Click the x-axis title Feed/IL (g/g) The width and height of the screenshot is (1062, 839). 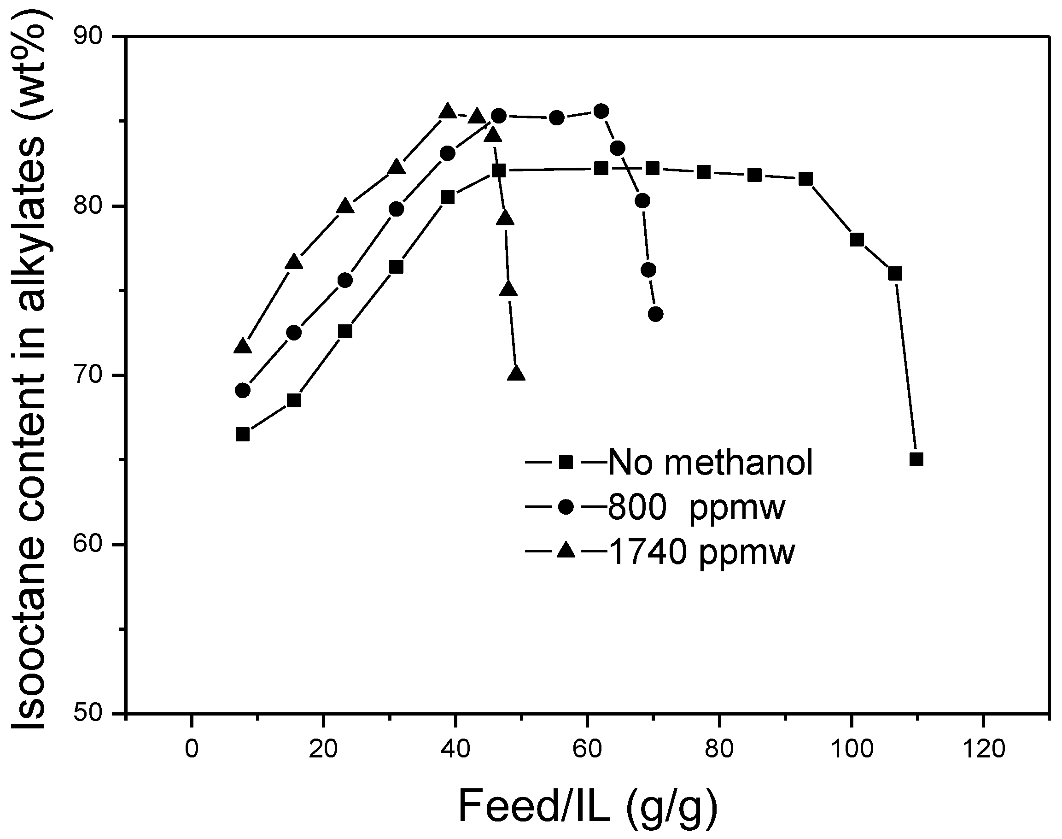pos(588,806)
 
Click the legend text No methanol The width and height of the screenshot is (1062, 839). pos(711,462)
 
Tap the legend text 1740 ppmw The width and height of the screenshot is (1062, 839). pos(701,552)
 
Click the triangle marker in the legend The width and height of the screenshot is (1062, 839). pos(566,550)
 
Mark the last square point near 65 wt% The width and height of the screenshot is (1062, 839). pos(916,459)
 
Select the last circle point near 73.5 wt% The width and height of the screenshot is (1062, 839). pos(655,314)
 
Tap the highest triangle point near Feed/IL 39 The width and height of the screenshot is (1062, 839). pos(447,111)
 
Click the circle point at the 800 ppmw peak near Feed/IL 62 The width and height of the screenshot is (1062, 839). pos(601,111)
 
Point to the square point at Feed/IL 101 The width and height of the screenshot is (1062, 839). pos(857,240)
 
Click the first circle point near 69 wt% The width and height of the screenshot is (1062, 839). pos(243,391)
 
